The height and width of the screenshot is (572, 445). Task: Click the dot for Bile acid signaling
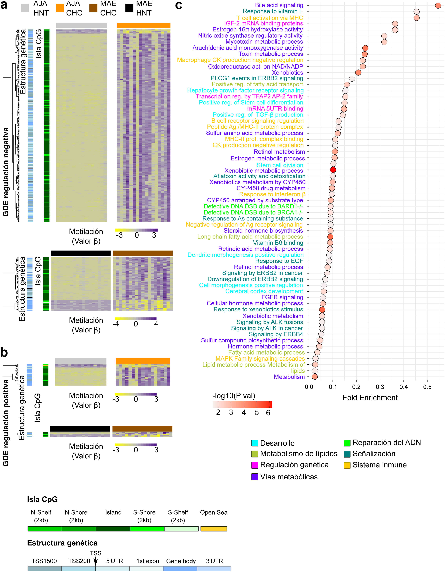[438, 6]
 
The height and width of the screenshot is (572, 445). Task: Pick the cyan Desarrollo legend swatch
[254, 443]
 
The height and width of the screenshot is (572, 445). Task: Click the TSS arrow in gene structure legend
[96, 561]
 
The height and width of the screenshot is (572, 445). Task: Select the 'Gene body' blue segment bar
[180, 569]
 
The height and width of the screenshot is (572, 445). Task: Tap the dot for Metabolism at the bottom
[314, 377]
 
